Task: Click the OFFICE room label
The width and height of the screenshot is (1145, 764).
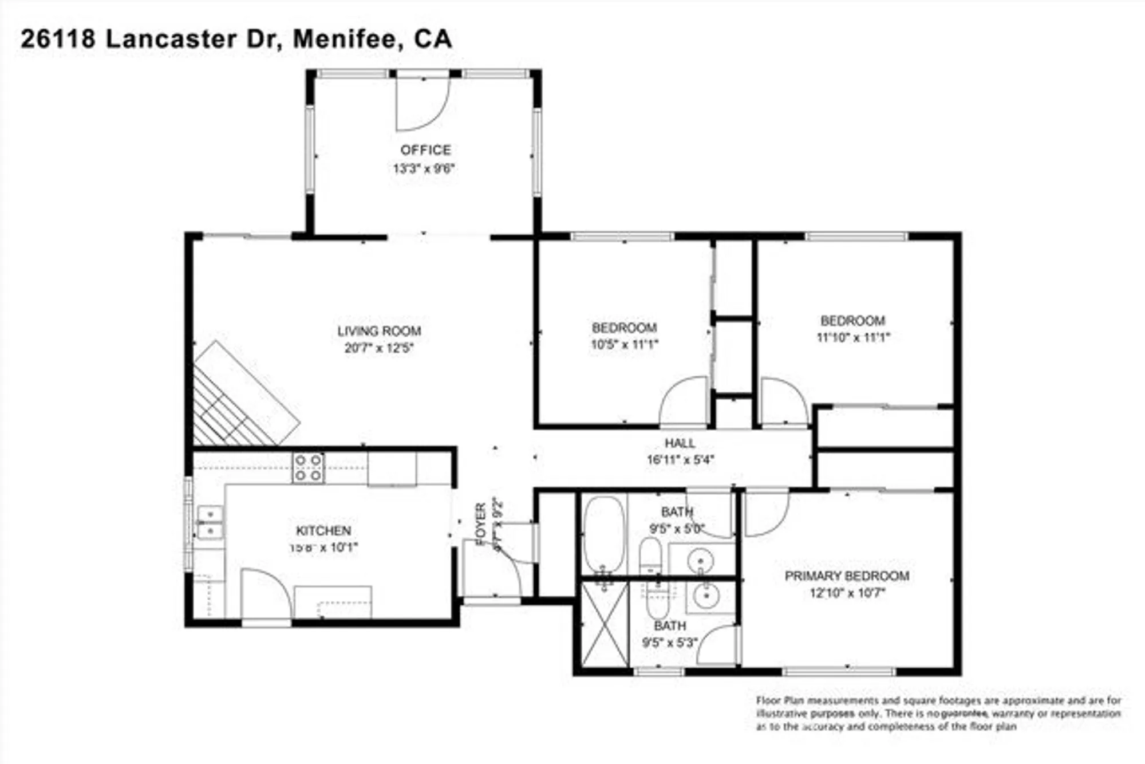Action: click(425, 150)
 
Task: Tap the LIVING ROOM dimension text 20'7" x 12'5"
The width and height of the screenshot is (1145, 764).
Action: click(378, 348)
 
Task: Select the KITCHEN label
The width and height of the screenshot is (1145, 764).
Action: click(323, 530)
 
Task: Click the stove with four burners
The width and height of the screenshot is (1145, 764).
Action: click(309, 467)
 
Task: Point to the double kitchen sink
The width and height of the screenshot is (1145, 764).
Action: click(210, 522)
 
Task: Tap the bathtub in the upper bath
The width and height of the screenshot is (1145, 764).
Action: click(604, 535)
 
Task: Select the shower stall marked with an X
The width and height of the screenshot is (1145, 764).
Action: click(605, 624)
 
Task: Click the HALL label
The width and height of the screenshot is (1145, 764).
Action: click(680, 443)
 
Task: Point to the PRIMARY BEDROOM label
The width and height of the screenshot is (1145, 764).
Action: click(847, 576)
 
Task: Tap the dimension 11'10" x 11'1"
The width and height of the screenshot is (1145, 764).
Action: click(853, 338)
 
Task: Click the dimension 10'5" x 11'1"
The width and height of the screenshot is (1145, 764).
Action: click(624, 345)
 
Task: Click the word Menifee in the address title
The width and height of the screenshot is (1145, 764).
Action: click(344, 40)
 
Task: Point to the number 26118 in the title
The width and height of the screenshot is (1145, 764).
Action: click(58, 40)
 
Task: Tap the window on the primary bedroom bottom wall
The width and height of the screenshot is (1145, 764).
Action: click(839, 671)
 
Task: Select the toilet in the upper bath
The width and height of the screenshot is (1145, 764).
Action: click(650, 556)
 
